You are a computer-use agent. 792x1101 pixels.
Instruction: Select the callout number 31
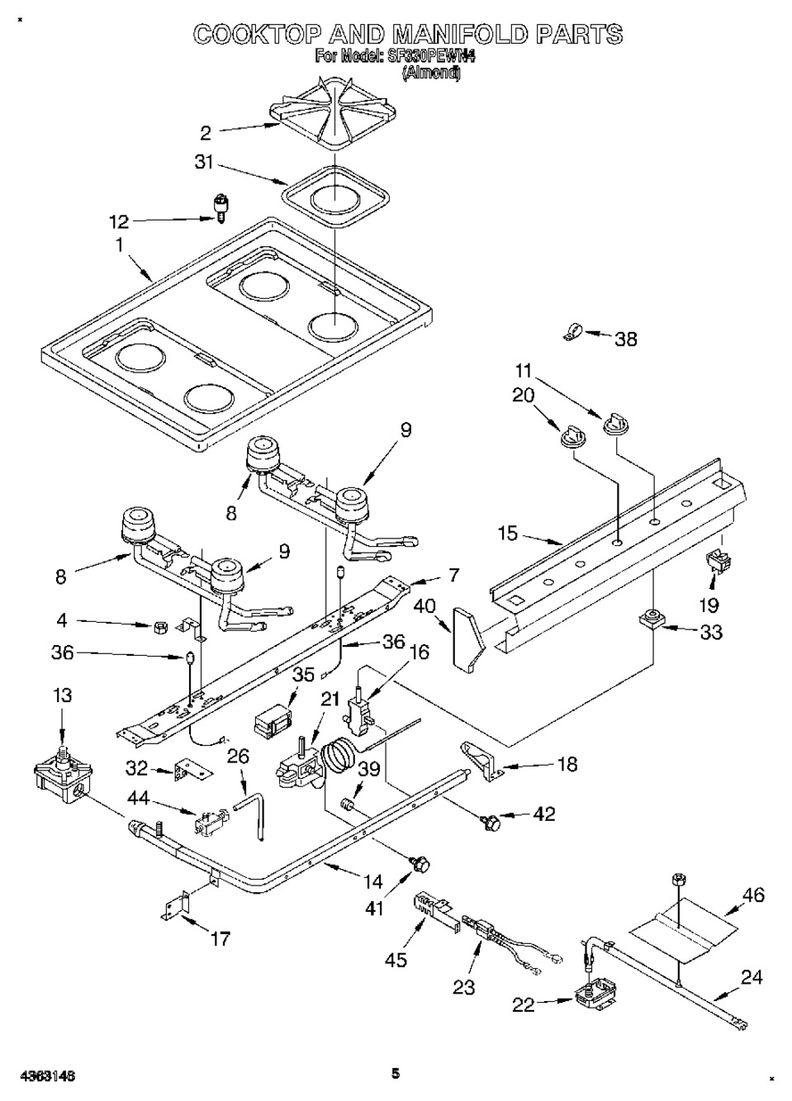204,163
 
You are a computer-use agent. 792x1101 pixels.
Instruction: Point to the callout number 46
753,895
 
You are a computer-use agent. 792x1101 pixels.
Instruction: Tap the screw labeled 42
489,821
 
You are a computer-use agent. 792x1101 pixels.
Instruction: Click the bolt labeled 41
420,863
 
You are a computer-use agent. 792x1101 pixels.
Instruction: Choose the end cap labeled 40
467,637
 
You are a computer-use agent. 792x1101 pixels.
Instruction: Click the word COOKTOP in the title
258,34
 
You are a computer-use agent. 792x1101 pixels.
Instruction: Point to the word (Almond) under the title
431,73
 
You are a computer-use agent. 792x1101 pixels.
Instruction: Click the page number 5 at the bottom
396,1074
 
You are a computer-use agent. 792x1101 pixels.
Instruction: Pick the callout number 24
751,978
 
